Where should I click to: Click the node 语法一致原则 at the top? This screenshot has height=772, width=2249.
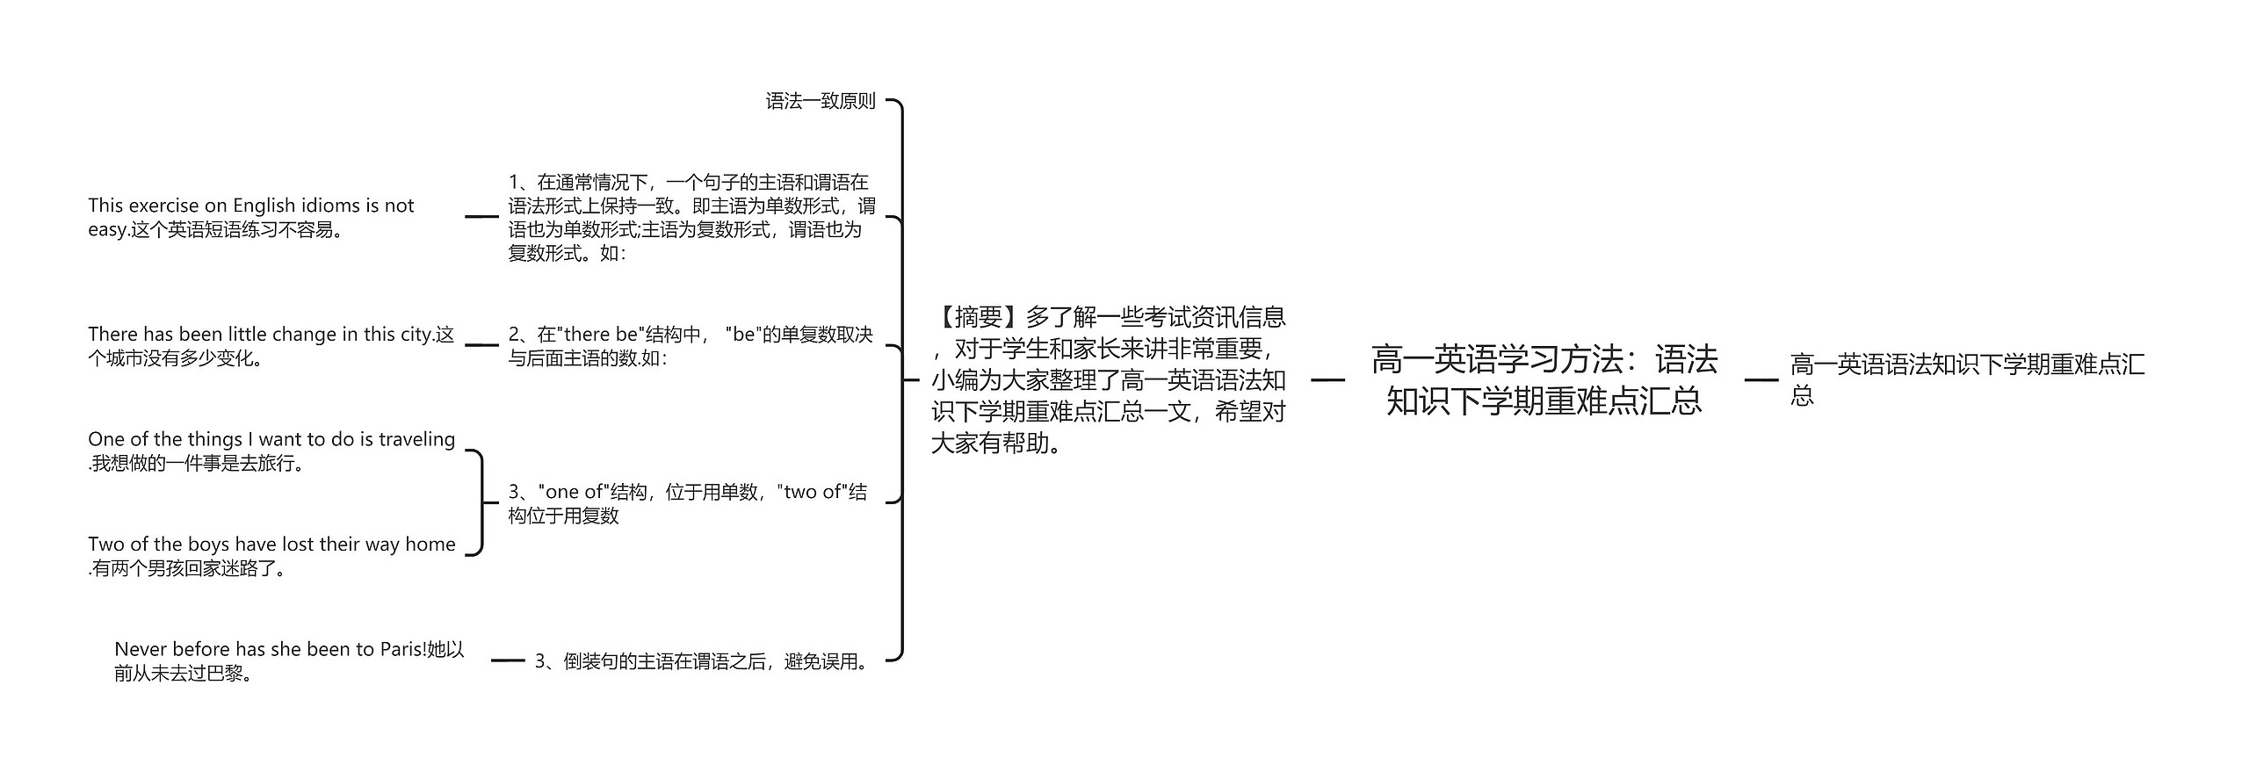click(x=821, y=101)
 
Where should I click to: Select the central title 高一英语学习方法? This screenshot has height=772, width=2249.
click(x=1544, y=380)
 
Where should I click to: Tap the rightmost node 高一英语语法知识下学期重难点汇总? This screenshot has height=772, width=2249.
click(x=1967, y=379)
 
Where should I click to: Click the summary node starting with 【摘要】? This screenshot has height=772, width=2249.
click(x=1109, y=380)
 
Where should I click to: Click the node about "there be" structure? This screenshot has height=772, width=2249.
click(x=691, y=346)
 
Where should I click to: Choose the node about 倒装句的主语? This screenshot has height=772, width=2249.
click(x=703, y=661)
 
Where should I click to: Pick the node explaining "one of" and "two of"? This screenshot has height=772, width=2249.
click(x=688, y=503)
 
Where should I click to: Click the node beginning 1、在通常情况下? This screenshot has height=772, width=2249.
click(x=691, y=217)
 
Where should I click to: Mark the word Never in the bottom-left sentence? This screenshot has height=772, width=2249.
click(x=141, y=649)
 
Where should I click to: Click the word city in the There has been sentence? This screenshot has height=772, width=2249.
click(x=416, y=335)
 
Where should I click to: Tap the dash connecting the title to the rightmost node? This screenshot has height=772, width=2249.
click(x=1761, y=380)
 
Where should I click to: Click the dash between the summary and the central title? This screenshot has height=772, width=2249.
click(x=1327, y=380)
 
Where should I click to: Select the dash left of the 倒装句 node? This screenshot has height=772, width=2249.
click(x=508, y=660)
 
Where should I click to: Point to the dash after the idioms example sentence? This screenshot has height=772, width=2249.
click(x=481, y=216)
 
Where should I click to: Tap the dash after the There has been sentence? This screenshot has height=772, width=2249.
click(x=481, y=345)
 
